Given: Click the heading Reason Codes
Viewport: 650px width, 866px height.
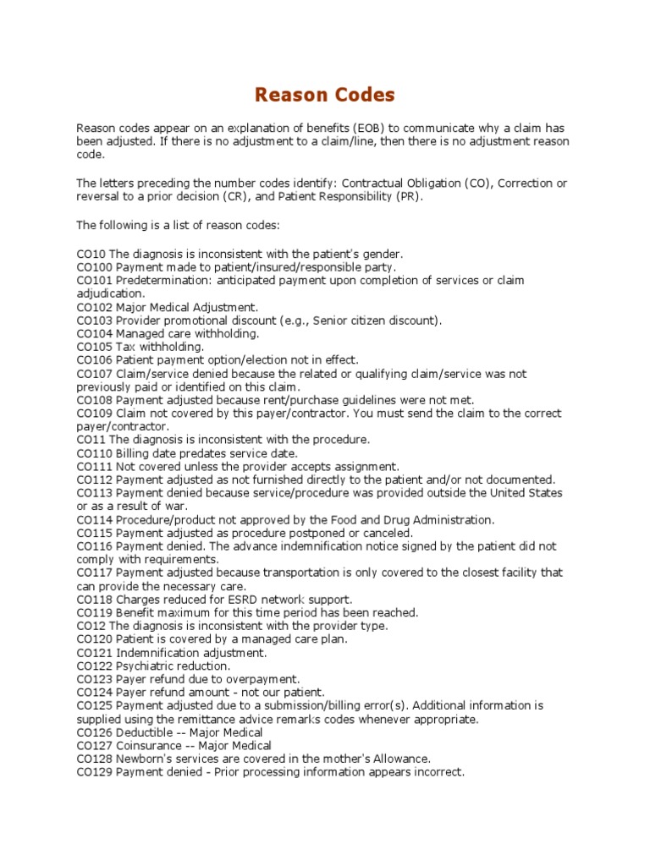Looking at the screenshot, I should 325,94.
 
